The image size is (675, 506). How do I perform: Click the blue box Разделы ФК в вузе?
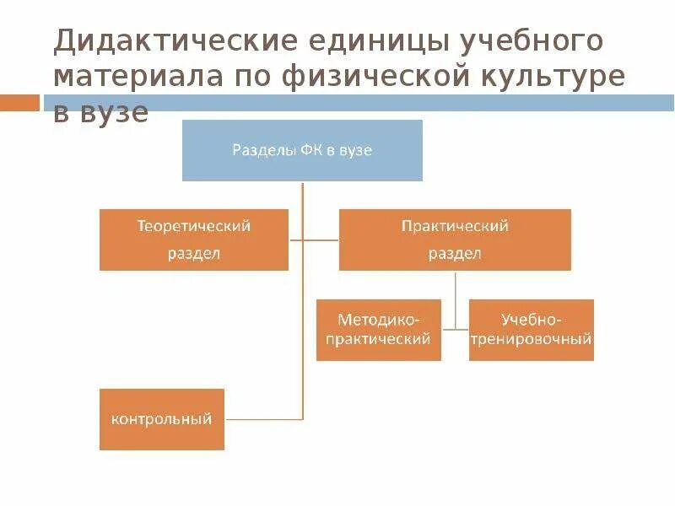(302, 150)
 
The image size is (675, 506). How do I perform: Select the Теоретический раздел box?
(194, 240)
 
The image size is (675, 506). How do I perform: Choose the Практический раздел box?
(455, 240)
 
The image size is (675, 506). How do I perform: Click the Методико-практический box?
(379, 330)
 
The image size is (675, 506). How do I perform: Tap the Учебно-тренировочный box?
(532, 330)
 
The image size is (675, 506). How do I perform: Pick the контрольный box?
(162, 419)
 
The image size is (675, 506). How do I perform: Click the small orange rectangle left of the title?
(19, 103)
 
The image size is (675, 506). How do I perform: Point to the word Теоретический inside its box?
(194, 226)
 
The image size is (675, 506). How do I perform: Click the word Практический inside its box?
(455, 226)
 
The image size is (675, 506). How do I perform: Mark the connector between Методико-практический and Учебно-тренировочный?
(455, 328)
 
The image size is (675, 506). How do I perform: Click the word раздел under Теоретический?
(194, 254)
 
